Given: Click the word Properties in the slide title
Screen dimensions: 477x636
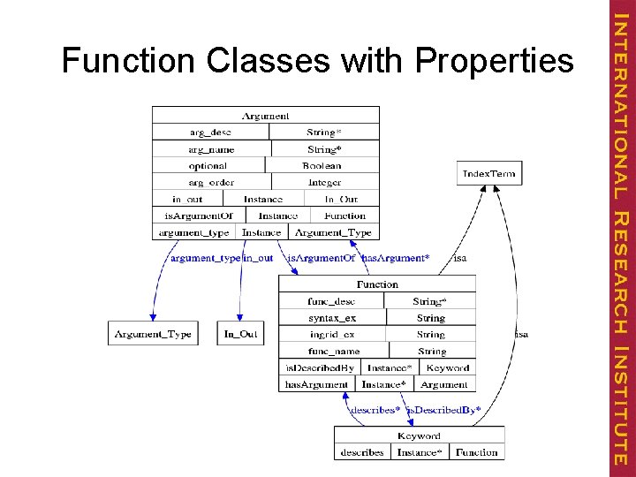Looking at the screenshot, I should (494, 62).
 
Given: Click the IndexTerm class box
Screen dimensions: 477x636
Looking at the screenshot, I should (488, 173).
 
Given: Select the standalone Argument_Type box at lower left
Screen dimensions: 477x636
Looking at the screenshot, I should (153, 334).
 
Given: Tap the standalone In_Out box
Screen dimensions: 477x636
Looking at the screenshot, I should (240, 334).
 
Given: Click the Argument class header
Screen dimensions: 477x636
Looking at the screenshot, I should (265, 115).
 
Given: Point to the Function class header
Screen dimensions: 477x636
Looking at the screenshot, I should (377, 284).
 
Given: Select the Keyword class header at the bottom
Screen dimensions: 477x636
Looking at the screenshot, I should (419, 435).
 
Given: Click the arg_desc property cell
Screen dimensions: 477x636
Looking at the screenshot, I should (210, 132).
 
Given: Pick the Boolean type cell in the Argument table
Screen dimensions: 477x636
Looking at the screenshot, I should (322, 165).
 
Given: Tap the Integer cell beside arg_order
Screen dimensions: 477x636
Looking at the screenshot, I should (324, 182).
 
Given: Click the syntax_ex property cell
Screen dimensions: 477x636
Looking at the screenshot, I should (332, 318).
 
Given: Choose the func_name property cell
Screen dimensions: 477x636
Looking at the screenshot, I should (334, 351).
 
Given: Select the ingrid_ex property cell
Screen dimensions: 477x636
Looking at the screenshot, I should (332, 335).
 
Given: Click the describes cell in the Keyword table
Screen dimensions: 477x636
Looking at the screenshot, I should (362, 452).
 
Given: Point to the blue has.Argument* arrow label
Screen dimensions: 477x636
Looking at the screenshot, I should (395, 258).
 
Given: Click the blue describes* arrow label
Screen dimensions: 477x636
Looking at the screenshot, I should (375, 410).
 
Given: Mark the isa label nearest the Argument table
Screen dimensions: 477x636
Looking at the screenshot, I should (460, 258).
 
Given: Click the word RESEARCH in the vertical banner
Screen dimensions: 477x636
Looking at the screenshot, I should (621, 284).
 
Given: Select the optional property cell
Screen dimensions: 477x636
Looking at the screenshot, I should (208, 165).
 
